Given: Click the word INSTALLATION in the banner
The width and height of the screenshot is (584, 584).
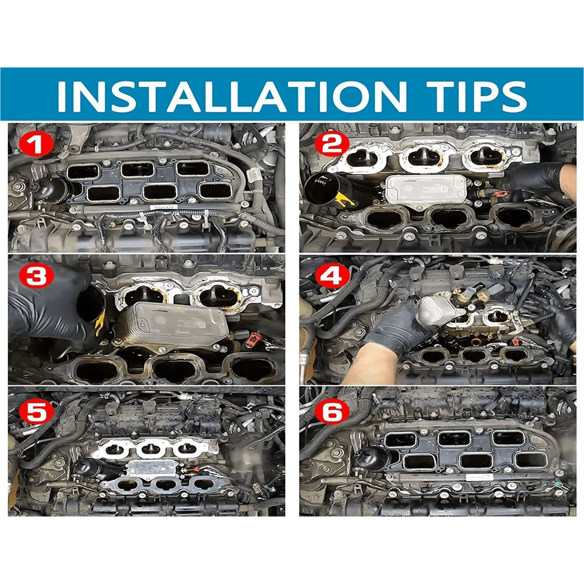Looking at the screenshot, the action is tap(231, 96).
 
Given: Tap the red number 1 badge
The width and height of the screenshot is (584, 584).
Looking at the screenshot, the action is tap(37, 145).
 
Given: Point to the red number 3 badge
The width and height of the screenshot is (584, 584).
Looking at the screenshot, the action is tap(37, 276).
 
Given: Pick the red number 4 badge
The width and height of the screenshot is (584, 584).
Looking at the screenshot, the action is tap(332, 276).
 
